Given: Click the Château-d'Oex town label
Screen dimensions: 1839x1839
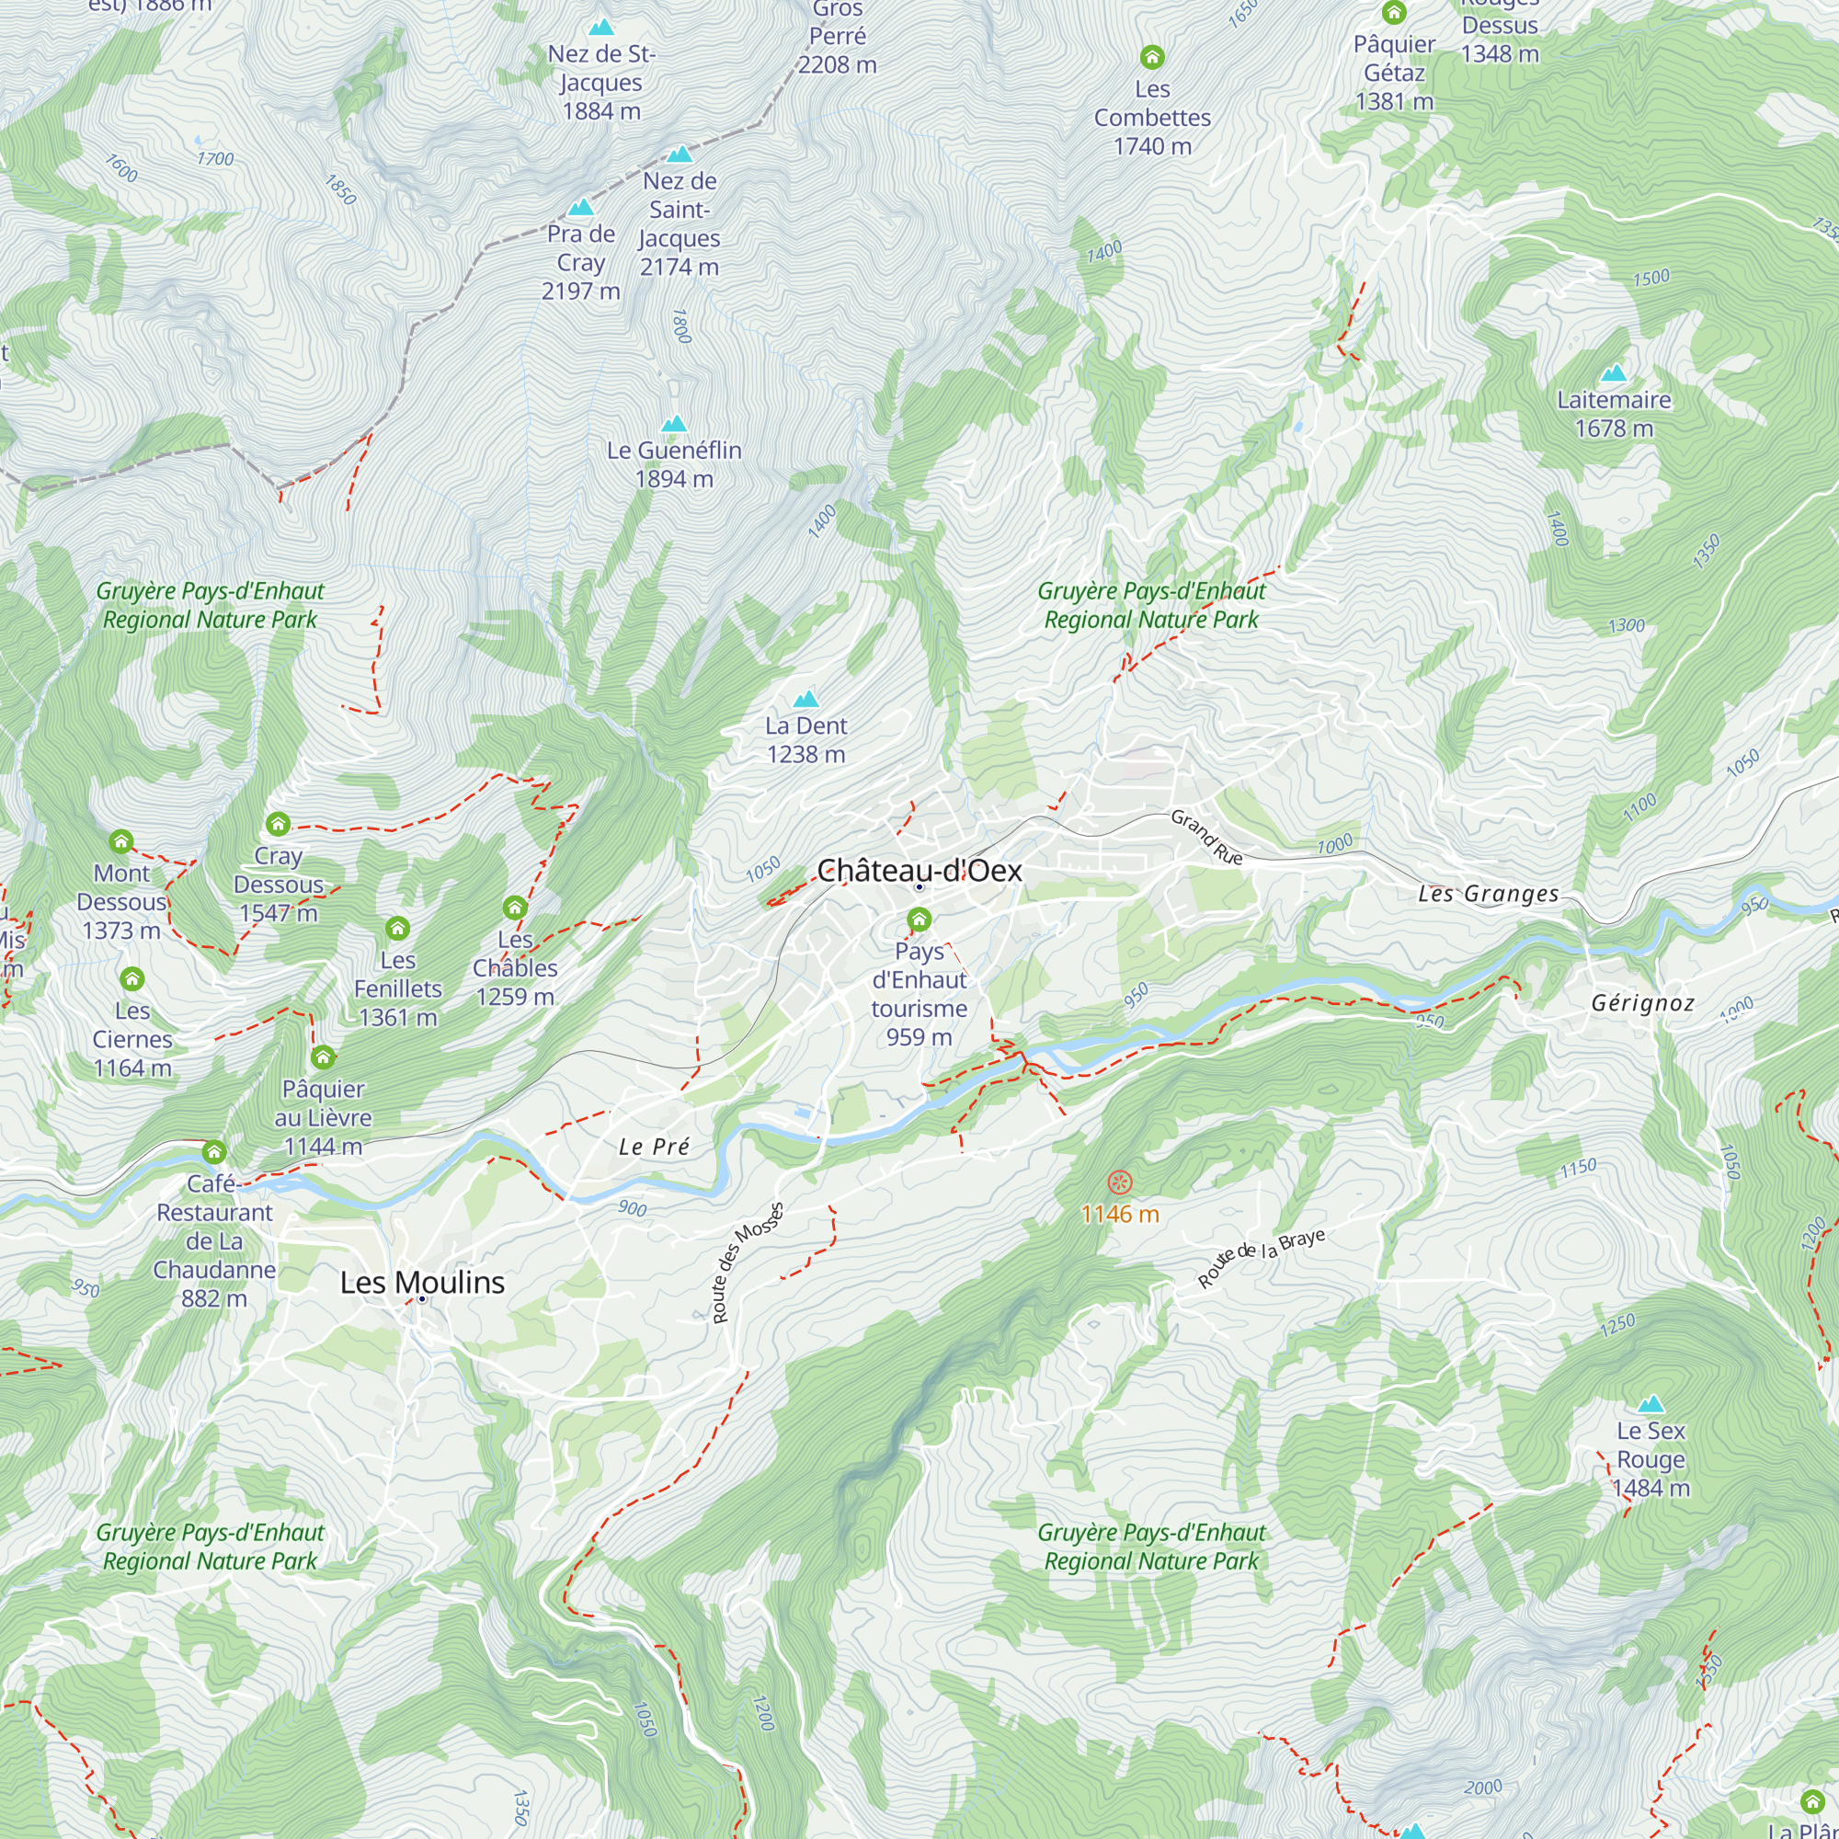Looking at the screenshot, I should [919, 870].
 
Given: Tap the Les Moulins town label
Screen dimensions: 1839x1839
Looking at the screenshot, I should [422, 1282].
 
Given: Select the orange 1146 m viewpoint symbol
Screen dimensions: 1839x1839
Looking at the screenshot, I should [1120, 1183].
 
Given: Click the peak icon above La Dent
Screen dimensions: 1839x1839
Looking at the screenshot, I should [805, 700].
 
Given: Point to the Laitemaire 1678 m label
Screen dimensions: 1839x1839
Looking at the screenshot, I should [1614, 413].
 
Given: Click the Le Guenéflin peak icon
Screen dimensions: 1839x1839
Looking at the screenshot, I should [674, 424].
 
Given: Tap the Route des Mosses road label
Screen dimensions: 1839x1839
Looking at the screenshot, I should [748, 1263].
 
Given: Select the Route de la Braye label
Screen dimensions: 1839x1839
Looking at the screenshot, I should [1261, 1259].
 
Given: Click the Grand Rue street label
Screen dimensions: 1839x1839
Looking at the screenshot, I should [1206, 837].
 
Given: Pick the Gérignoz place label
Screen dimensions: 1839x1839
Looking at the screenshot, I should [1643, 1003].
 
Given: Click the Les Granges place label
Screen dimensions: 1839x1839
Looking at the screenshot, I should [1488, 894].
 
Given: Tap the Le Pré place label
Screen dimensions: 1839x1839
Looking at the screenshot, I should [653, 1147].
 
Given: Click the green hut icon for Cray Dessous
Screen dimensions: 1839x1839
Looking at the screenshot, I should [278, 823].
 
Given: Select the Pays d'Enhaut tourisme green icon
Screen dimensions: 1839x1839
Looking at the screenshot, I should [919, 919].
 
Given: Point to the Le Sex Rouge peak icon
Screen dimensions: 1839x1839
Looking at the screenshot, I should [1651, 1404].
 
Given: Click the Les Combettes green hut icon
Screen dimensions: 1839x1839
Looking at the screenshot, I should [1152, 57].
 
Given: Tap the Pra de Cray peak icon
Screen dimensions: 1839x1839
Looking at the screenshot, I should [580, 208].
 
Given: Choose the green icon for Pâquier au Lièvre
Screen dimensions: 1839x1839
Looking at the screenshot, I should [323, 1057].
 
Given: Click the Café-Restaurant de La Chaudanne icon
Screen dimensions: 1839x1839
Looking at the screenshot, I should [214, 1152].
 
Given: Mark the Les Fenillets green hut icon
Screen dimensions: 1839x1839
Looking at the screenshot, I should [398, 928].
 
